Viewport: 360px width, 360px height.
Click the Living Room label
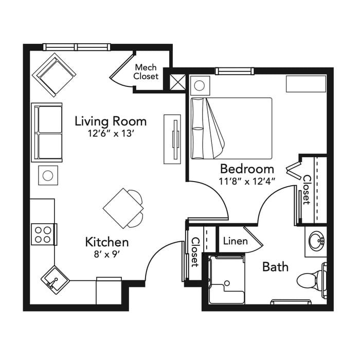(111, 121)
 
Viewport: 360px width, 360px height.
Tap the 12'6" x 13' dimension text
(111, 133)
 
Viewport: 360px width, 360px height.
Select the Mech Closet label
(146, 71)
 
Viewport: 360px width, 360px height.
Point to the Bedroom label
(247, 169)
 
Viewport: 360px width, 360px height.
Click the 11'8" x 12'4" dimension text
(247, 182)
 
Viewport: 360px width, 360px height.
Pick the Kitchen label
(107, 242)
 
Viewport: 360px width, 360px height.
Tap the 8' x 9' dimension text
(107, 255)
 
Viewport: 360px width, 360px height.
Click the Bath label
(275, 267)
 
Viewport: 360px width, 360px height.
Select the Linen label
(236, 241)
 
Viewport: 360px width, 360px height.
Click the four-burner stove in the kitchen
(43, 235)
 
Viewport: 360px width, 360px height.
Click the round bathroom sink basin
(317, 241)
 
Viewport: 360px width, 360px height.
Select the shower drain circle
(227, 283)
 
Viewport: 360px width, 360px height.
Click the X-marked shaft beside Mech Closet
(177, 82)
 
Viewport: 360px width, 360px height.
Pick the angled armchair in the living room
(54, 75)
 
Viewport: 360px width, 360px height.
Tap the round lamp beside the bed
(200, 86)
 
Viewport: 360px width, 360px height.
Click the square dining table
(123, 208)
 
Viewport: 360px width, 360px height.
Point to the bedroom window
(235, 71)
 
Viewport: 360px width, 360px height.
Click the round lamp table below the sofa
(48, 176)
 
